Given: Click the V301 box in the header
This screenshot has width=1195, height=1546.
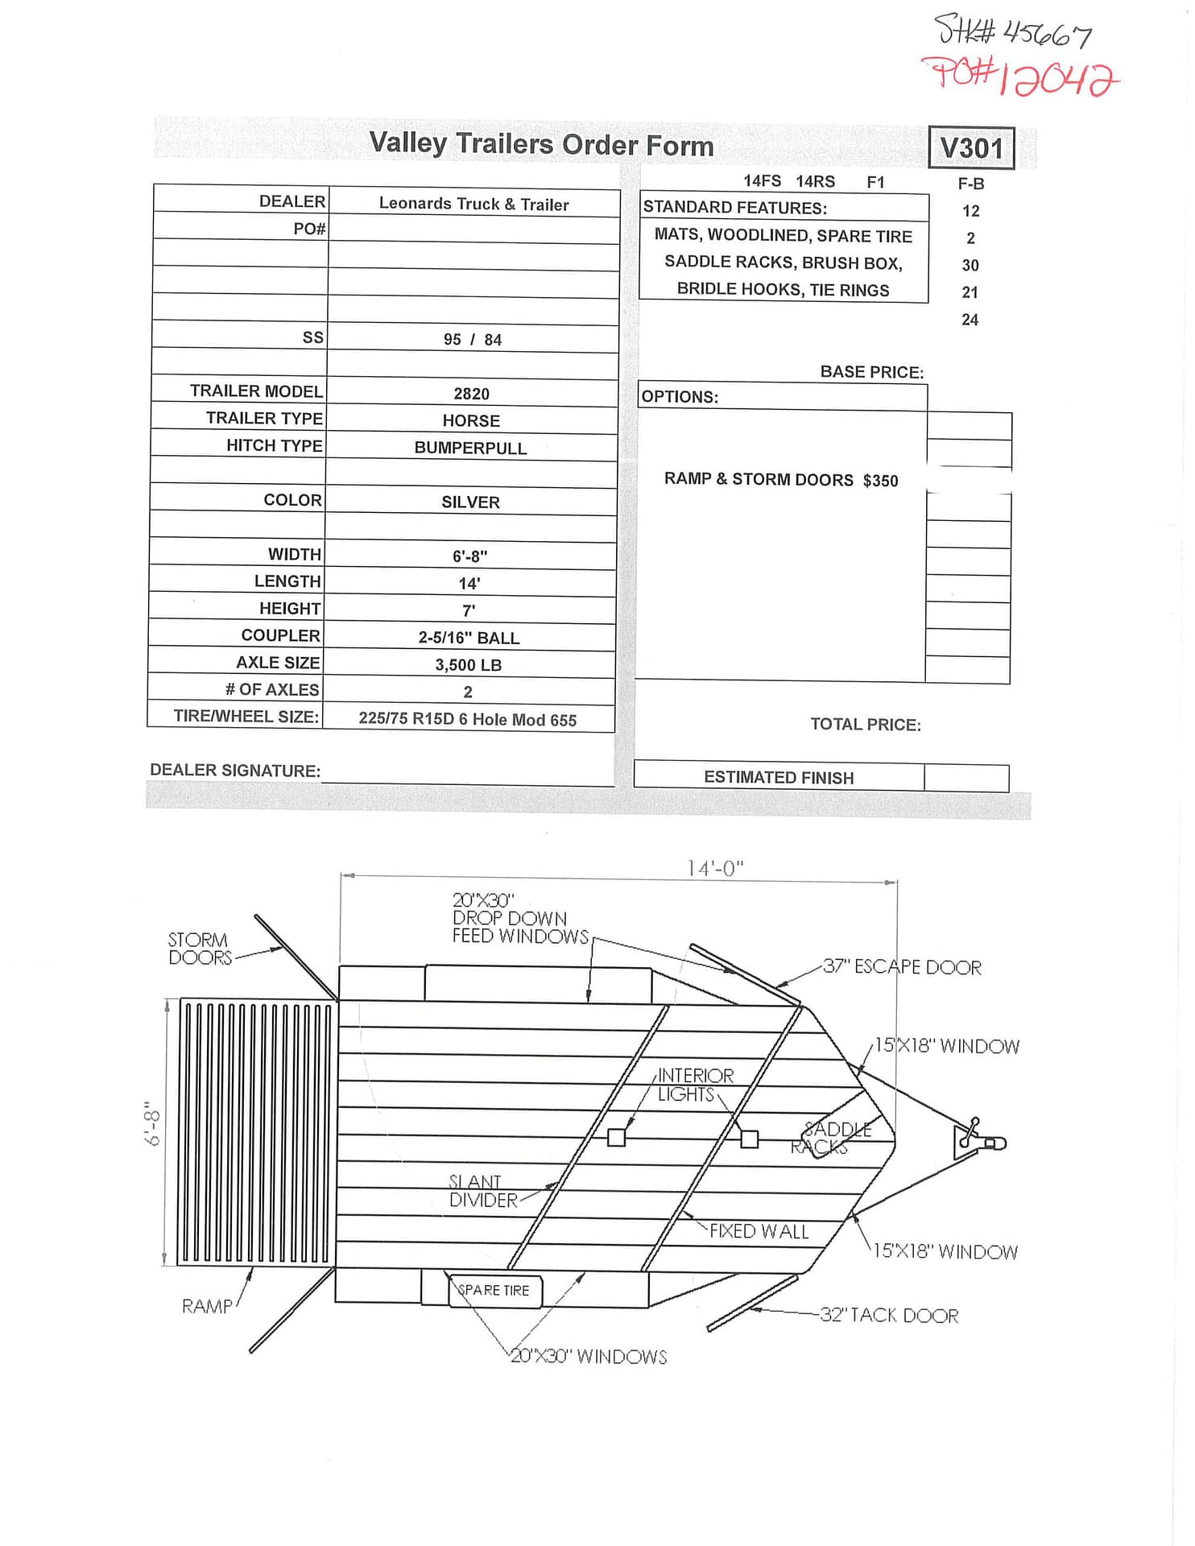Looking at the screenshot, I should [971, 148].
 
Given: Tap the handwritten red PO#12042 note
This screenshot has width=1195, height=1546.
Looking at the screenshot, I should [1020, 77].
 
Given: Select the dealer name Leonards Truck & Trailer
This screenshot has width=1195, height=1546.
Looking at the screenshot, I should [473, 204].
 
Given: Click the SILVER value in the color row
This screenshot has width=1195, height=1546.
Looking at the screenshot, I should [470, 502].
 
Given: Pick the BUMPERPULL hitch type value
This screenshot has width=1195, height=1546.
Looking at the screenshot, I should [470, 449].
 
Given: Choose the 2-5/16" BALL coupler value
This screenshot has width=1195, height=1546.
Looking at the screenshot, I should [469, 638].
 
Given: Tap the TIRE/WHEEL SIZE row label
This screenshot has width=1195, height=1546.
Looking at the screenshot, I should [246, 717].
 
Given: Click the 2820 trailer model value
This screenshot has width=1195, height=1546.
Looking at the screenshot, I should [471, 394].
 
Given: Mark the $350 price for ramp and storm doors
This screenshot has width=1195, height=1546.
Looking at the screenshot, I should [880, 481].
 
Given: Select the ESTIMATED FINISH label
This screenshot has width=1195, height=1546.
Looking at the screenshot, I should [779, 778].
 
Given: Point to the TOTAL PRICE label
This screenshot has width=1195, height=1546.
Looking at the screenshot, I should [865, 725].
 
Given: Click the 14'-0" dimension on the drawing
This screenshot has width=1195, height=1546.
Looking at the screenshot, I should [715, 868].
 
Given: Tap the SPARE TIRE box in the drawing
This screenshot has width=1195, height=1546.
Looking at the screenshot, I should [494, 1291].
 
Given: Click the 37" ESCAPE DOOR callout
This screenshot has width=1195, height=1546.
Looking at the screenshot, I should [902, 967].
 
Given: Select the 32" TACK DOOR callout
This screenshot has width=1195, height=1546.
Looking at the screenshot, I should [889, 1316].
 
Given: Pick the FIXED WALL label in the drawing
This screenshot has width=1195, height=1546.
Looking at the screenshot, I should [759, 1232].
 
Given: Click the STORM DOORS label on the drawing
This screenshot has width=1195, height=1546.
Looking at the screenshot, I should [199, 949].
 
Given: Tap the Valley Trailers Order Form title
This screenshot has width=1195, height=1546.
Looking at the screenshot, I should [541, 145].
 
